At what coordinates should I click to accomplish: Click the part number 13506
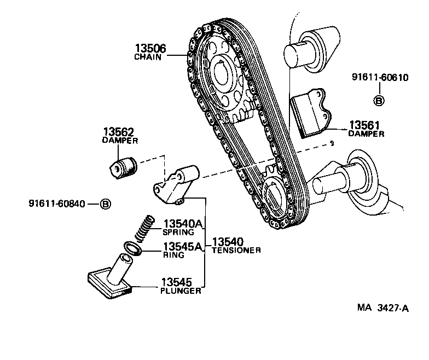click(x=147, y=48)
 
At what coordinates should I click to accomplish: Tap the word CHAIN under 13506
click(x=148, y=57)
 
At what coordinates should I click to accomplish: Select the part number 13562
click(x=119, y=132)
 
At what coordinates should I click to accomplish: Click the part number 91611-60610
click(x=380, y=77)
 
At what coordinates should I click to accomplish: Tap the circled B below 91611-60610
click(x=379, y=100)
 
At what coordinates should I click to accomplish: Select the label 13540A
click(x=183, y=223)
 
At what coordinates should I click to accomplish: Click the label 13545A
click(x=183, y=246)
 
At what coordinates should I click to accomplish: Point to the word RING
click(x=173, y=254)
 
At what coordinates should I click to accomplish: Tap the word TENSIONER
click(x=236, y=250)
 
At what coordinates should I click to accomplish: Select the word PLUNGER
click(x=181, y=291)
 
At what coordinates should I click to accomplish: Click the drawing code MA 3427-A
click(x=382, y=309)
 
